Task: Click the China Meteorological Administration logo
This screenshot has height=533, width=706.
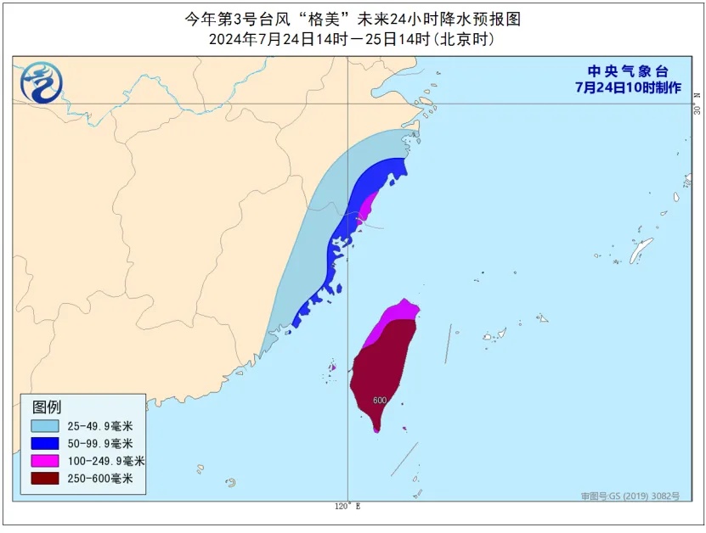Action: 41,82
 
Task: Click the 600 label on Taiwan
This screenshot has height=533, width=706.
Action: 380,401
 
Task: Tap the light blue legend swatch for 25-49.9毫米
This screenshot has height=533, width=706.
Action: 45,426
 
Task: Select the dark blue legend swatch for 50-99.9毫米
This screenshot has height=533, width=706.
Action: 45,443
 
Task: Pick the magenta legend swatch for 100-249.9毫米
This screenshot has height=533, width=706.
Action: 45,461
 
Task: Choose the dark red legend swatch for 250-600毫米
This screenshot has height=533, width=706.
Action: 45,479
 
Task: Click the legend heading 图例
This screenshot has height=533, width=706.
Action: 47,407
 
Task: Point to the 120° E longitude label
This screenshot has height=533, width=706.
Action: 347,507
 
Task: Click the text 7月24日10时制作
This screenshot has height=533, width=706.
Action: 628,87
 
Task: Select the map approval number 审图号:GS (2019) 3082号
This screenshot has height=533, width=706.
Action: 630,496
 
